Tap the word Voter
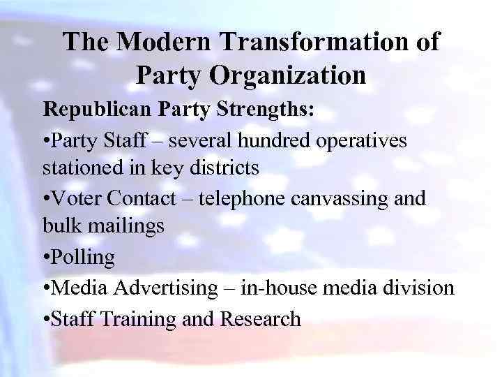tap(79, 198)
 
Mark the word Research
tap(260, 318)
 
